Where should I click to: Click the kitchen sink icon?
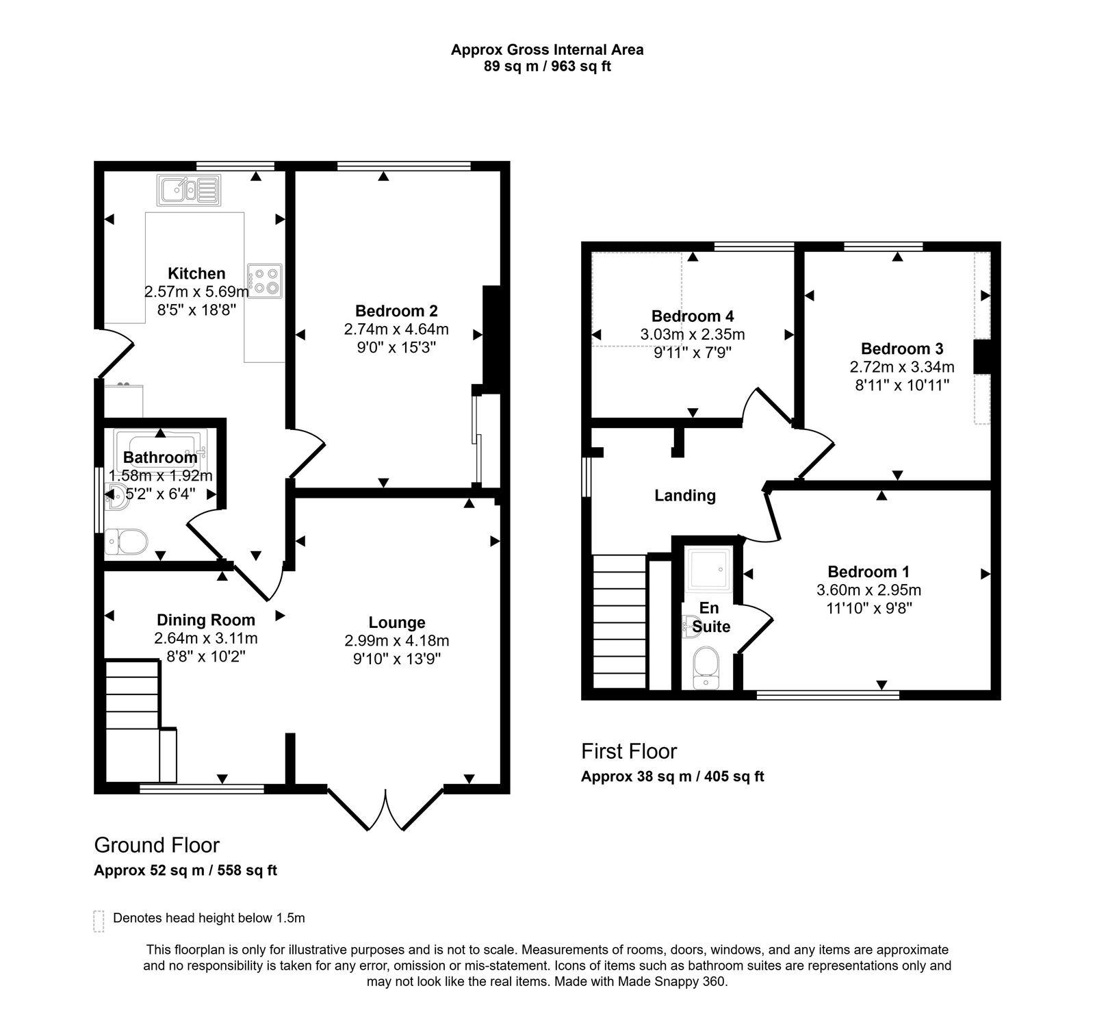click(x=188, y=190)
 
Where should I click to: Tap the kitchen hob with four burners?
click(x=266, y=281)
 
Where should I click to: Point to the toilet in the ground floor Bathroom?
click(x=127, y=542)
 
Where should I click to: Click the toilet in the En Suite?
click(x=704, y=668)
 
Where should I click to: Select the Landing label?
click(x=685, y=495)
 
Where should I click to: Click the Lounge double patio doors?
click(x=386, y=809)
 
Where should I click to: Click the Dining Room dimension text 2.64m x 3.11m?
click(x=205, y=638)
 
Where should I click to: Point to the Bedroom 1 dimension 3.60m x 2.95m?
click(x=868, y=590)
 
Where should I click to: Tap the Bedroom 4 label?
click(x=693, y=316)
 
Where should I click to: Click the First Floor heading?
click(x=629, y=751)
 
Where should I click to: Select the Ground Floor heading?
click(x=157, y=845)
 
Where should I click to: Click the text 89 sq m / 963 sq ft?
click(x=547, y=66)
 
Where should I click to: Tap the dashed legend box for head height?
click(x=99, y=921)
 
